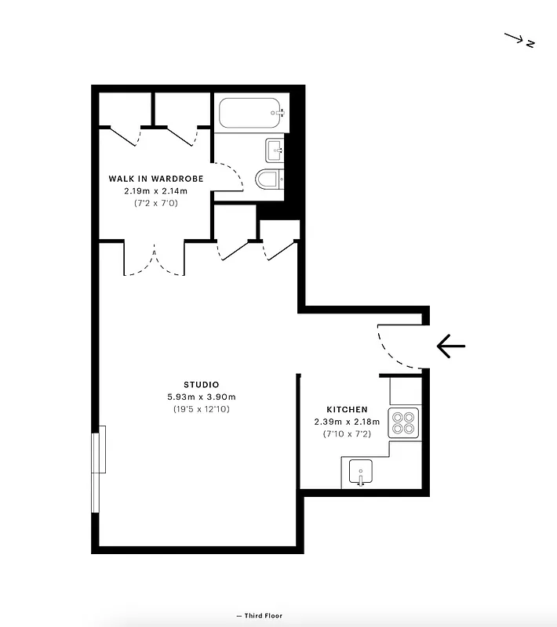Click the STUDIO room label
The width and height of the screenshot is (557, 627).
coord(201,384)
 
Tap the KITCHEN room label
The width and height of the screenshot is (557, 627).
coord(347,409)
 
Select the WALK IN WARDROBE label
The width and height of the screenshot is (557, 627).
coord(155,179)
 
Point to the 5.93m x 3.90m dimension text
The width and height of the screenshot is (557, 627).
coord(201,397)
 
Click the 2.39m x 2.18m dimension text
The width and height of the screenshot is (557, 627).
coord(347,422)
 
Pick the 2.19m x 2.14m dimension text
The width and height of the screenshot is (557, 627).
coord(155,190)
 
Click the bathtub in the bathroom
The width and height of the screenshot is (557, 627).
coord(249,113)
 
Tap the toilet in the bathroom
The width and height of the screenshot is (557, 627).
coord(269,180)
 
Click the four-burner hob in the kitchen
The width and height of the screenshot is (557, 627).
coord(404,423)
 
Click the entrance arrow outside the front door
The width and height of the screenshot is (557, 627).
coord(450,345)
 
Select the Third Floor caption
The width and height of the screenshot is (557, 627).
coord(259,616)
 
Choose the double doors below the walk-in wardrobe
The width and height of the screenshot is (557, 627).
coord(154,262)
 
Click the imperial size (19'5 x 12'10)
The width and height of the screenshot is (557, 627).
coord(201,409)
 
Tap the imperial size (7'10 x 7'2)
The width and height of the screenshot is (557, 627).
coord(347,434)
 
